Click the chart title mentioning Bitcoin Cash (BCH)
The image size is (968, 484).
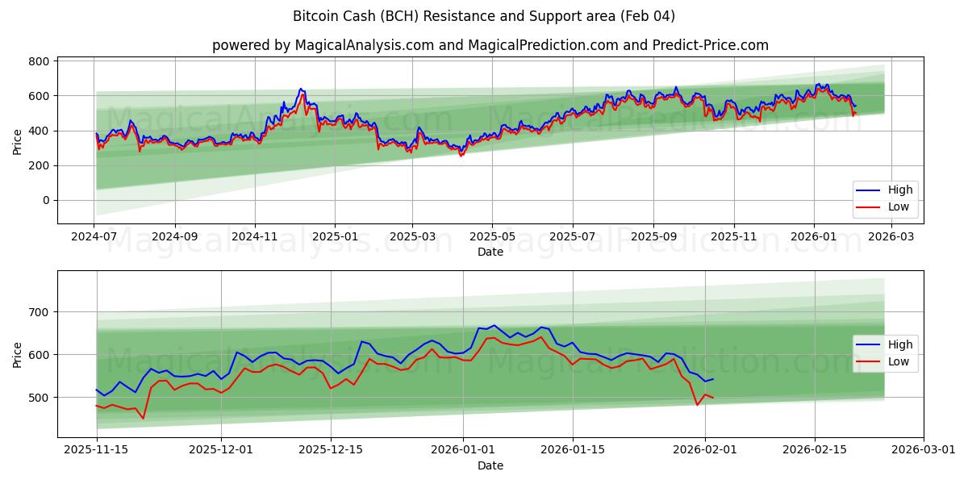click(484, 16)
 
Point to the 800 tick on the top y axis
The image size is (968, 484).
click(40, 61)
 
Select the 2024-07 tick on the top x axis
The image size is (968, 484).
click(95, 237)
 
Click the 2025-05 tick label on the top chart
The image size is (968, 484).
click(492, 237)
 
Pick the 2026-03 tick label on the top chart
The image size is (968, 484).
click(891, 237)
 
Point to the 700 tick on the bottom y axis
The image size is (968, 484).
click(40, 312)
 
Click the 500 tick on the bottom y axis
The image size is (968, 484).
click(40, 398)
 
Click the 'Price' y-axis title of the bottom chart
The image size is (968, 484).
click(18, 354)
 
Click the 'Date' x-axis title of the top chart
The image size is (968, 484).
click(490, 252)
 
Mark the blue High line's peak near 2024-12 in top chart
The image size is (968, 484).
click(300, 89)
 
